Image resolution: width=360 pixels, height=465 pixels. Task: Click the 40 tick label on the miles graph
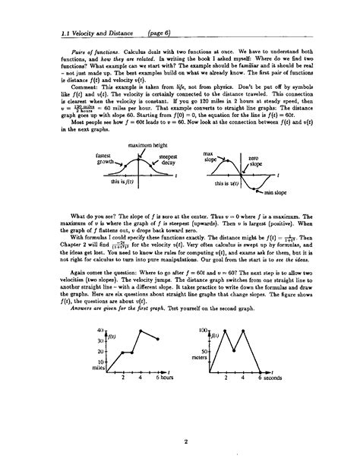pyautogui.click(x=100, y=309)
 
